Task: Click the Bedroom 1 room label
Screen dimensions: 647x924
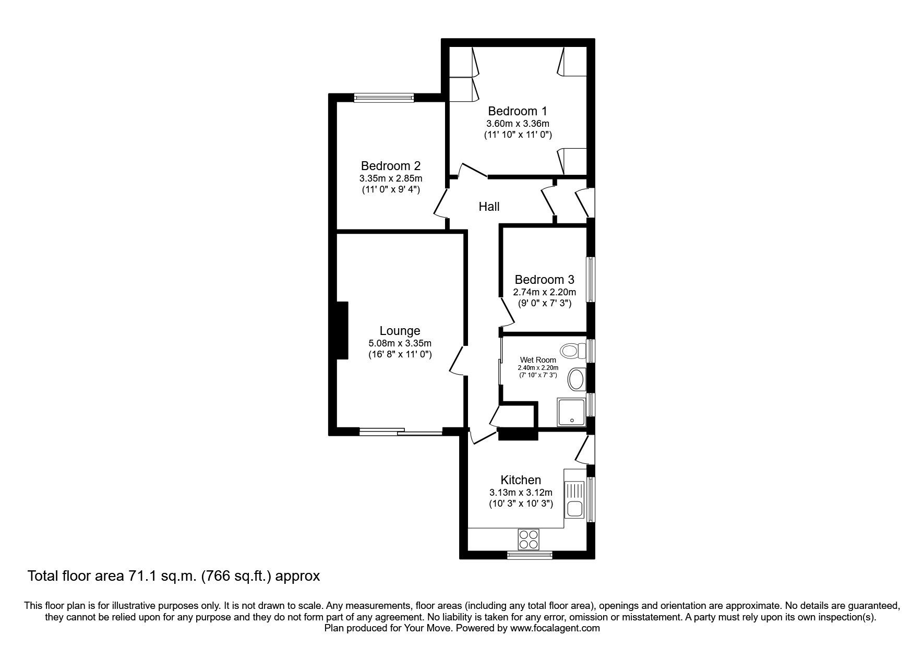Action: click(x=517, y=111)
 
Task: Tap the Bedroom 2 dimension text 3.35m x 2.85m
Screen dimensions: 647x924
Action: click(x=390, y=178)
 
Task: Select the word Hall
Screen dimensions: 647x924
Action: click(x=489, y=207)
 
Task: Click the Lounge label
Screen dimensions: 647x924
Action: click(x=400, y=331)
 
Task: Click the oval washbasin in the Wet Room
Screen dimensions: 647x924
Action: click(x=576, y=379)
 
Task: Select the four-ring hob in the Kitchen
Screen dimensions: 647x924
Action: click(x=529, y=539)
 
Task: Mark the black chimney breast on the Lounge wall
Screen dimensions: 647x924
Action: click(x=342, y=330)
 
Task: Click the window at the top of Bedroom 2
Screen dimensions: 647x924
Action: click(x=383, y=97)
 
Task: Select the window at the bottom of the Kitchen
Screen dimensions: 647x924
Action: click(x=529, y=555)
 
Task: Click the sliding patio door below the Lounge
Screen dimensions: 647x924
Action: click(x=401, y=432)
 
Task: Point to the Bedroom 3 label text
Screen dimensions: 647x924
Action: click(x=544, y=280)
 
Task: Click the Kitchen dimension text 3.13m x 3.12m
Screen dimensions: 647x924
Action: click(x=520, y=492)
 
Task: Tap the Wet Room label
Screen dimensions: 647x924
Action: click(x=537, y=360)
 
